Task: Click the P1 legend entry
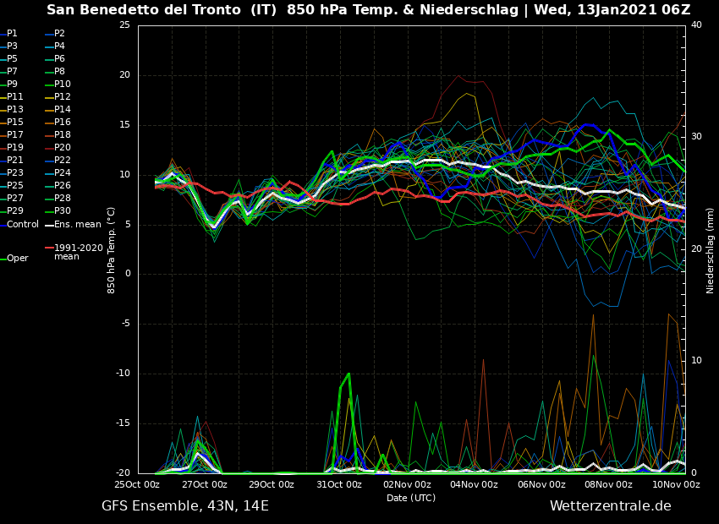click(x=12, y=34)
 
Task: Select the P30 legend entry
click(x=63, y=211)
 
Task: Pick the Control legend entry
click(x=23, y=224)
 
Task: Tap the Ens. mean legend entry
click(x=77, y=224)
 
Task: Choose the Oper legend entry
click(x=18, y=259)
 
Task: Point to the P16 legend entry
click(x=63, y=123)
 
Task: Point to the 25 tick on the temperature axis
click(x=124, y=25)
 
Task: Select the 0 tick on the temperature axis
click(x=128, y=274)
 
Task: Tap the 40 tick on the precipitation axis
click(x=696, y=25)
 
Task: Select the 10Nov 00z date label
click(x=676, y=484)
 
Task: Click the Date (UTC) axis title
click(x=411, y=498)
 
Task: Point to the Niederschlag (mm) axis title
click(x=711, y=250)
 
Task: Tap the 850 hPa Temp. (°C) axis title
click(x=112, y=250)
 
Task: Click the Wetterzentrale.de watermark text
click(x=610, y=506)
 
